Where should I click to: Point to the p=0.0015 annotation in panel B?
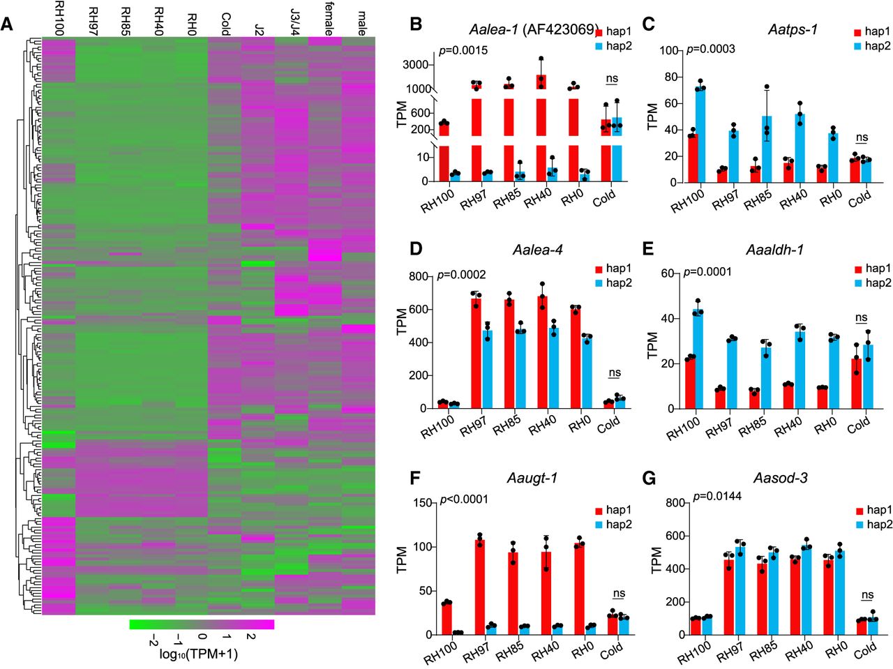(463, 50)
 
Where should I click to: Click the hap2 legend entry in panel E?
(871, 283)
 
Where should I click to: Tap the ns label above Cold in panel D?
(614, 373)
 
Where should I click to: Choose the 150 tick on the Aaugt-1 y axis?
(420, 503)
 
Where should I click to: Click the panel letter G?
(649, 480)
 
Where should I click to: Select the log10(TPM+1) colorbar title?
(199, 654)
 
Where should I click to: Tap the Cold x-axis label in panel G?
(864, 651)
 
